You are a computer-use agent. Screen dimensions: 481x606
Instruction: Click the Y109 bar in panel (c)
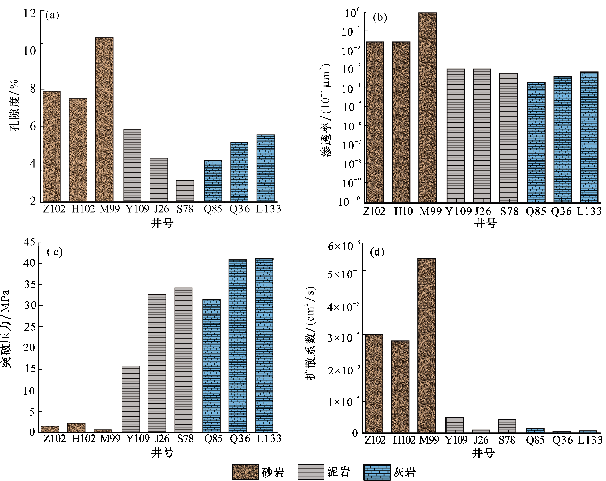click(x=131, y=399)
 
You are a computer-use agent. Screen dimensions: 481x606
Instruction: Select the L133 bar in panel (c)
click(x=264, y=346)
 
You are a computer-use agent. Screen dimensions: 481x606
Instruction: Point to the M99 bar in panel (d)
click(x=427, y=346)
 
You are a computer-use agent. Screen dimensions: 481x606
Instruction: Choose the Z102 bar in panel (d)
click(x=374, y=384)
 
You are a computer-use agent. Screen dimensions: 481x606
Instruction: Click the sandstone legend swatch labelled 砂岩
click(x=245, y=472)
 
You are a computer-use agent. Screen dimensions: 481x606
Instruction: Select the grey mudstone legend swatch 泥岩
click(x=311, y=472)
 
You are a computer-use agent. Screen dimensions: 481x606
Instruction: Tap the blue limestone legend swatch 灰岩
click(x=377, y=472)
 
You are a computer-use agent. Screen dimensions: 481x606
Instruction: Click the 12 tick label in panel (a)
click(x=30, y=13)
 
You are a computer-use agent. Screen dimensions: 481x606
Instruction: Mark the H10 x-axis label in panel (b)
click(x=403, y=211)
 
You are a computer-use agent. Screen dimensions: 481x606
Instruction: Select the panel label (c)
click(x=55, y=252)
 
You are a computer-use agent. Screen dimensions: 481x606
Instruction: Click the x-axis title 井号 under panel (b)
click(x=485, y=224)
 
